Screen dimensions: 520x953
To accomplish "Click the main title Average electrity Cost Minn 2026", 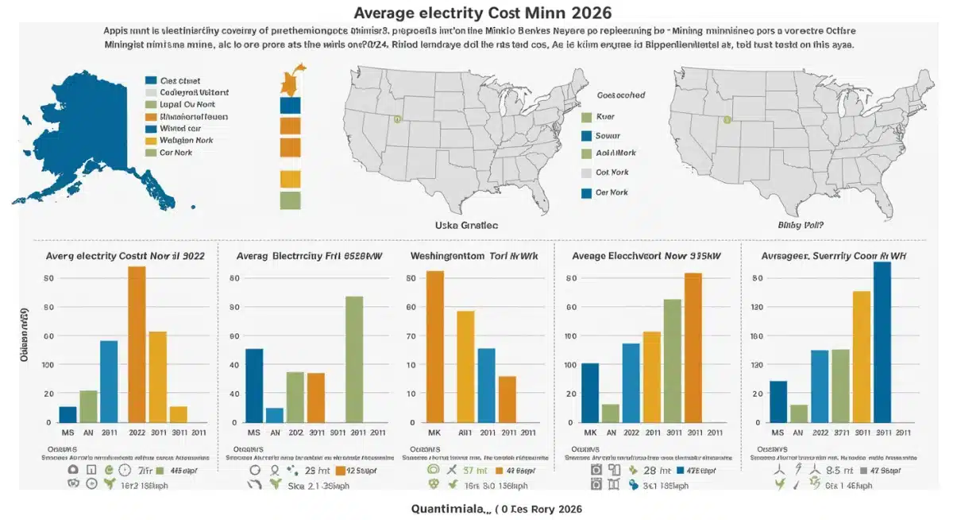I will pos(476,13).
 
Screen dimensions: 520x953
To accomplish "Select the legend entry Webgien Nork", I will pos(182,140).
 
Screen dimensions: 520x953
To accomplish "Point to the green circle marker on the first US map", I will pos(398,120).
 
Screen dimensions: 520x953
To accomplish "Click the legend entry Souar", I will pos(607,135).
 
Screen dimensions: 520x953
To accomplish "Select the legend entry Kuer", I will pos(604,116).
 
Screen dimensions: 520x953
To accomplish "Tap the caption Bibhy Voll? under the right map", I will pos(801,225).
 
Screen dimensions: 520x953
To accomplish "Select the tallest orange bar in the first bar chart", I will pos(137,344).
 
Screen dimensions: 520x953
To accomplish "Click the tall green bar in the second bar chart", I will pos(354,359).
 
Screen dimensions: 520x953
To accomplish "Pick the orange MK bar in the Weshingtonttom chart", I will pos(435,346).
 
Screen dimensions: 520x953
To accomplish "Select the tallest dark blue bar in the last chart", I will pos(882,342).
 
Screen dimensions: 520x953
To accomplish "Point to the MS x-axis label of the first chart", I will pos(68,433).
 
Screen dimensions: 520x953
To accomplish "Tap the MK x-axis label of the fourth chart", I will pos(590,433).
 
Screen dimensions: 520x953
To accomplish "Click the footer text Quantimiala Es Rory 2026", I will pos(500,508).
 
